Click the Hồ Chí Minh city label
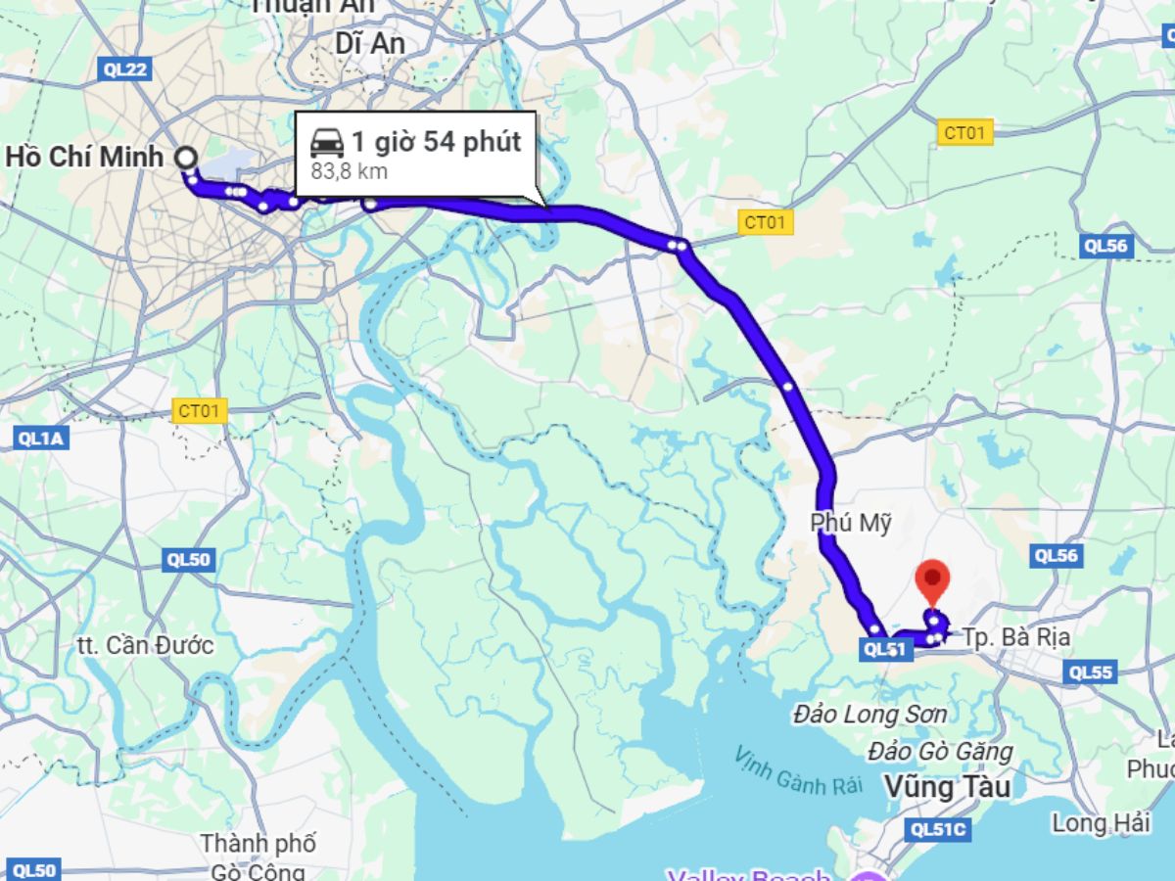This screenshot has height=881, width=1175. pyautogui.click(x=84, y=157)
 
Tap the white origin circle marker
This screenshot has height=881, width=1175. pyautogui.click(x=185, y=157)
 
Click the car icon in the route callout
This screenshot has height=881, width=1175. pyautogui.click(x=327, y=143)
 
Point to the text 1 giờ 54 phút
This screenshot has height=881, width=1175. pyautogui.click(x=436, y=142)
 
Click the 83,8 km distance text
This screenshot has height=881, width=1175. pyautogui.click(x=350, y=172)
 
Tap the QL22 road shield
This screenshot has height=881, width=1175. pyautogui.click(x=125, y=69)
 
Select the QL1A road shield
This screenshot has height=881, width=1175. pyautogui.click(x=41, y=439)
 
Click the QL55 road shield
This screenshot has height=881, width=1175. pyautogui.click(x=1091, y=672)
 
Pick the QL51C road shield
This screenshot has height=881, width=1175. pyautogui.click(x=938, y=829)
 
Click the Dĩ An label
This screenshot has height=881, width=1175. pyautogui.click(x=369, y=44)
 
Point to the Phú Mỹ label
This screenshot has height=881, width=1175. pyautogui.click(x=851, y=524)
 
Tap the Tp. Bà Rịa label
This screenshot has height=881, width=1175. pyautogui.click(x=1015, y=637)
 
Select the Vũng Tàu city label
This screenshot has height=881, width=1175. pyautogui.click(x=946, y=786)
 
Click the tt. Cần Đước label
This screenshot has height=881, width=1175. pyautogui.click(x=145, y=646)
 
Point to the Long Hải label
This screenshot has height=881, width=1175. pyautogui.click(x=1101, y=823)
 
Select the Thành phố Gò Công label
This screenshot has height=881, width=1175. pyautogui.click(x=258, y=856)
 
